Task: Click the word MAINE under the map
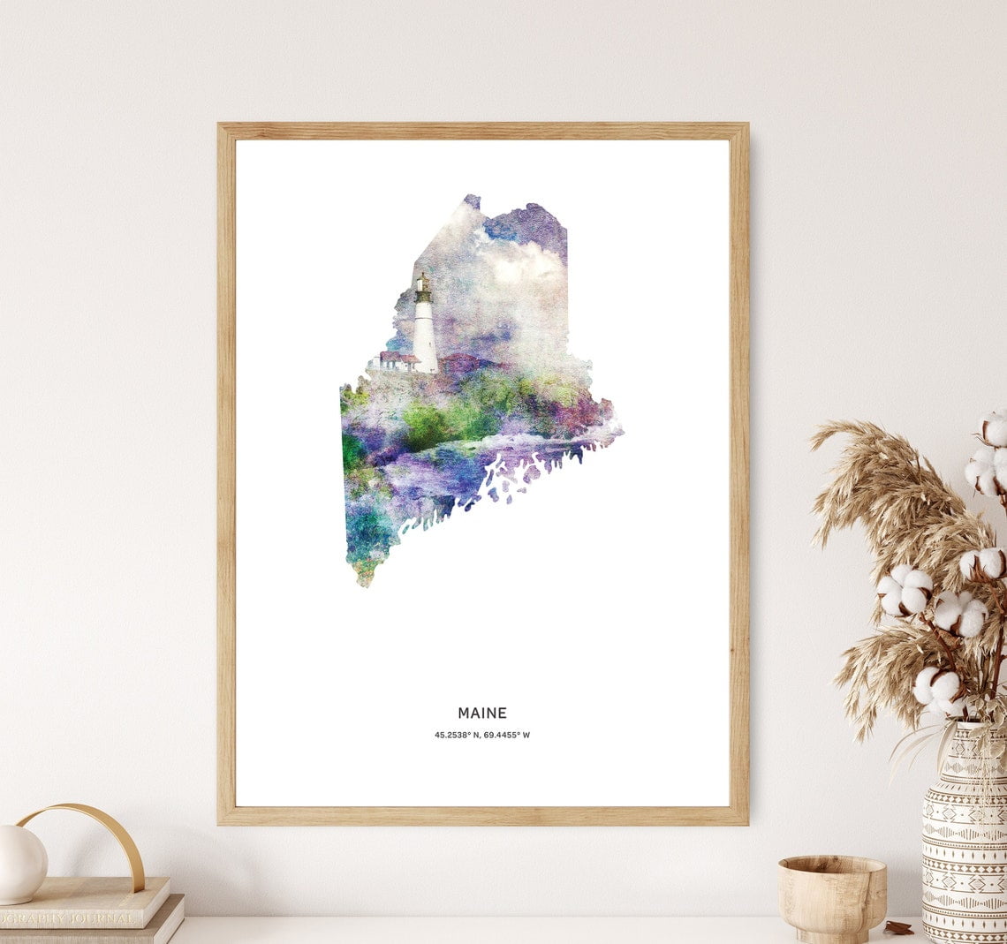[x=482, y=713]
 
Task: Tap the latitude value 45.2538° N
[x=457, y=735]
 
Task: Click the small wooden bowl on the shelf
[x=831, y=895]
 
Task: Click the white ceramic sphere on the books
[x=21, y=865]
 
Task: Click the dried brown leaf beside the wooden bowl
[x=899, y=926]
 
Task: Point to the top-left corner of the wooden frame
[x=221, y=126]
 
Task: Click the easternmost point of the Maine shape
[x=622, y=431]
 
